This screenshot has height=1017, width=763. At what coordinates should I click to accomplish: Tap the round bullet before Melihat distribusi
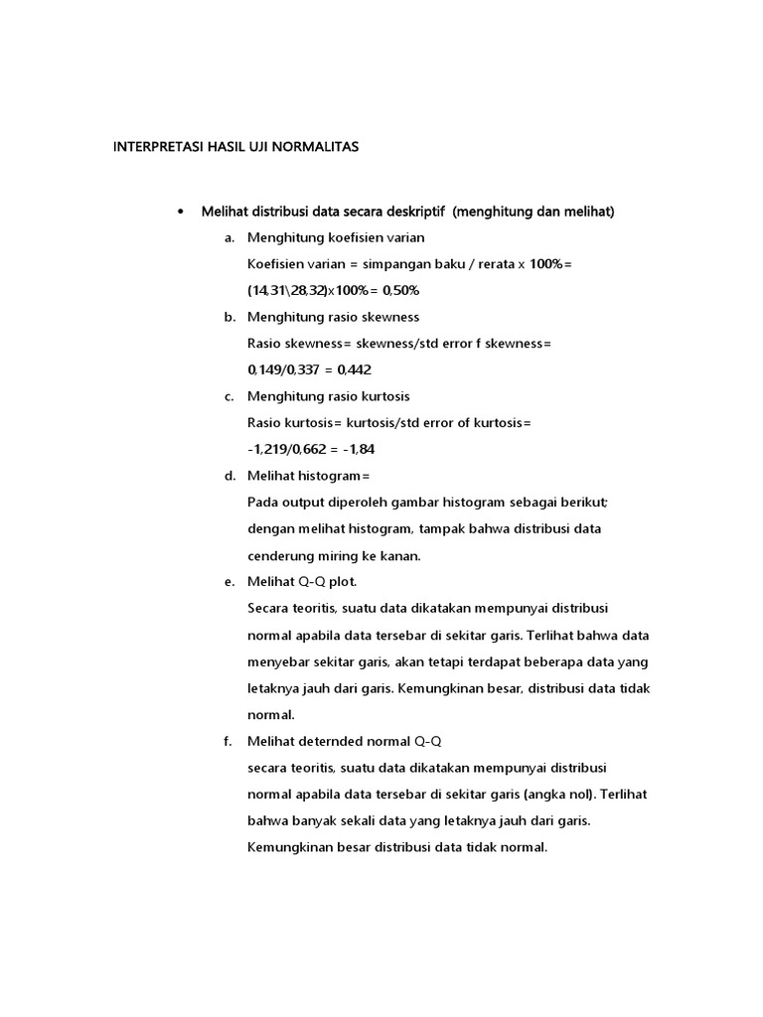click(x=180, y=212)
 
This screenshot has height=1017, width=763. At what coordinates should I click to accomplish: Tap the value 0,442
click(x=355, y=369)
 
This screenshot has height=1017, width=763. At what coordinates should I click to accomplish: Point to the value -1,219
click(x=269, y=449)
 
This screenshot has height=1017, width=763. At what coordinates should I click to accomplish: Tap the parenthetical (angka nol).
click(x=548, y=795)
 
